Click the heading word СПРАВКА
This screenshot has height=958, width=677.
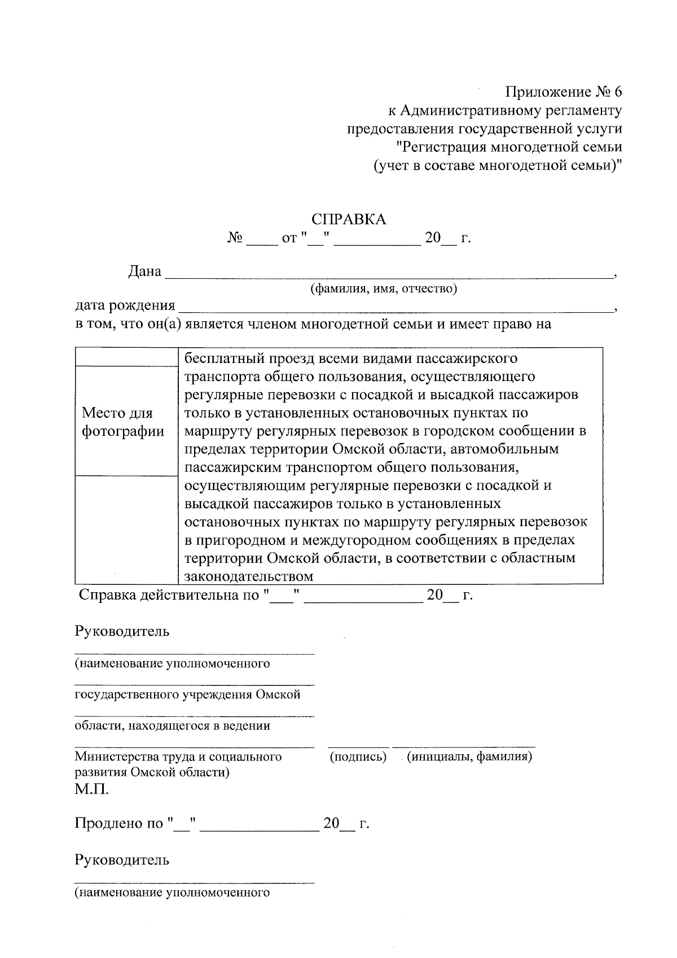[349, 220]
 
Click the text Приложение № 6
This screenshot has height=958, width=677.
[564, 92]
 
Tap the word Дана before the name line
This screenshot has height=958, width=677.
[145, 272]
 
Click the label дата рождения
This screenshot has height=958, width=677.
[125, 306]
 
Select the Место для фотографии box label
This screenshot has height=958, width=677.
[124, 422]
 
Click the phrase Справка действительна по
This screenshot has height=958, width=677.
[169, 595]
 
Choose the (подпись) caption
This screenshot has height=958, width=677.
[358, 756]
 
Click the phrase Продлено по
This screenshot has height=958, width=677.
[119, 824]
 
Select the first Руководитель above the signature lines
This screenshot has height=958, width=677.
[122, 631]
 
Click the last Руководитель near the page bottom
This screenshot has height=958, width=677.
[122, 860]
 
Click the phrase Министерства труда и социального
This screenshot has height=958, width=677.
[178, 756]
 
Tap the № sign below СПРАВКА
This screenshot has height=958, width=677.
[235, 239]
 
